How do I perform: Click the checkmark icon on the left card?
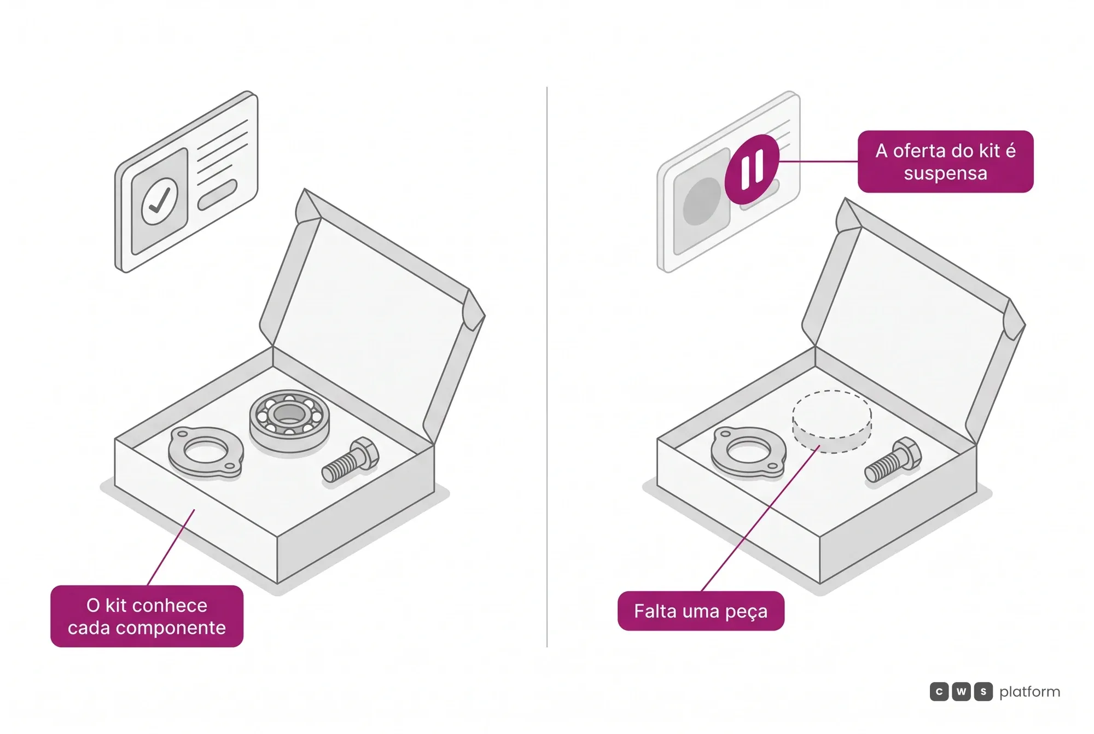160,201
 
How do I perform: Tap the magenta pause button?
752,169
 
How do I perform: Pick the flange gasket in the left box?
206,452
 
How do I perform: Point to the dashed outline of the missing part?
832,422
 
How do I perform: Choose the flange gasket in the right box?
748,452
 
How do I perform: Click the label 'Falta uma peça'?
701,611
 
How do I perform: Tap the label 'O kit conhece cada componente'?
147,616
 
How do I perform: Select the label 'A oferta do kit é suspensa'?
945,161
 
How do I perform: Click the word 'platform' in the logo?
1029,692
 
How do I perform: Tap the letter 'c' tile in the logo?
939,692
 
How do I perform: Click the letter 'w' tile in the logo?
961,692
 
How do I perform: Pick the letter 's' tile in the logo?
984,692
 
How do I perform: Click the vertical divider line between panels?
547,366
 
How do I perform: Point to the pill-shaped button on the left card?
217,194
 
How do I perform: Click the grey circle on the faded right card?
702,201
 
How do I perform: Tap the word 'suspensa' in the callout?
945,173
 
